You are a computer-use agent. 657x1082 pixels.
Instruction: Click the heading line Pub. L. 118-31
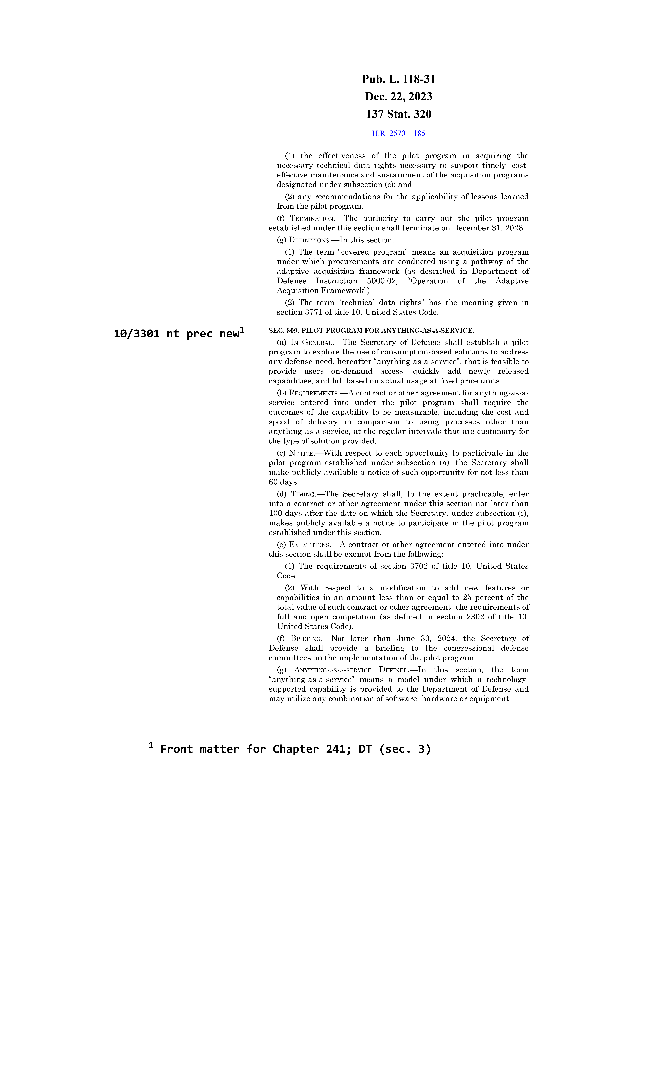coord(398,79)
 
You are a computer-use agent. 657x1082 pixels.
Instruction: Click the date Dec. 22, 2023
coord(398,97)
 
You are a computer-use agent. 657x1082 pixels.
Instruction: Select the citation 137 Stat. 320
coord(398,114)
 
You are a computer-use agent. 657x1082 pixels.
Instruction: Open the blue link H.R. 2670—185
coord(398,133)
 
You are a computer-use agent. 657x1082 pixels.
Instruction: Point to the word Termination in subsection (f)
coord(312,219)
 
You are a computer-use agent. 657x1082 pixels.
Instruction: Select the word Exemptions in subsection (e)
coord(310,544)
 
